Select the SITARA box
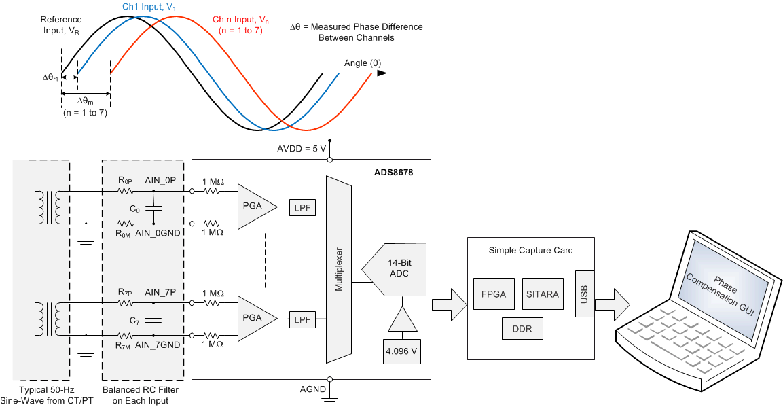[542, 295]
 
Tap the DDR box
[522, 330]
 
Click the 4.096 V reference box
[402, 351]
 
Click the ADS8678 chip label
[393, 173]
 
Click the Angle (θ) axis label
[363, 63]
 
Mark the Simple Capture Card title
[530, 250]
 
